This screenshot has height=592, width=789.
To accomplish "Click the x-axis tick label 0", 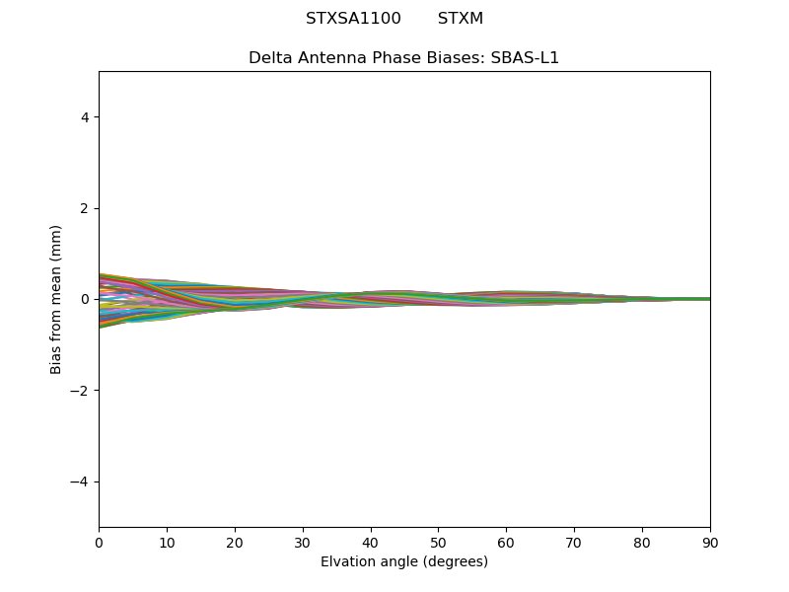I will point(99,542).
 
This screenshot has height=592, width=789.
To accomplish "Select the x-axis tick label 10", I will point(167,542).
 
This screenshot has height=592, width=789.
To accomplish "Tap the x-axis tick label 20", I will point(235,542).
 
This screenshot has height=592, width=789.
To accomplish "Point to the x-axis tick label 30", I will point(303,542).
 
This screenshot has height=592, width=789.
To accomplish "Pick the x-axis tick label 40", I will point(371,542).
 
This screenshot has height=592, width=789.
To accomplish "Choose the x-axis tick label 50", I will point(438,542).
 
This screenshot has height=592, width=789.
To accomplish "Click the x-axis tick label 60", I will point(506,542).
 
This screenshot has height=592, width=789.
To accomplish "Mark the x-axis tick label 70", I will point(574,542).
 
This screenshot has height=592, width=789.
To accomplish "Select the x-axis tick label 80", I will point(642,542).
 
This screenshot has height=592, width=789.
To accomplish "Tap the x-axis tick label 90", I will point(710,542).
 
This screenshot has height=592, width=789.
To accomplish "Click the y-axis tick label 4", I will point(86,117).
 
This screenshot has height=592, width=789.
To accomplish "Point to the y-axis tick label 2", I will point(86,208).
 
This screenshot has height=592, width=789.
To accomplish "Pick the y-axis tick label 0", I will point(86,299).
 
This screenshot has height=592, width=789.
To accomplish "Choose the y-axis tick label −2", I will point(81,391).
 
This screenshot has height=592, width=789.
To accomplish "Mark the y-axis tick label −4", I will point(81,481).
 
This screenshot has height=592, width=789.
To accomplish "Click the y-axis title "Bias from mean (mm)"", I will point(56,299).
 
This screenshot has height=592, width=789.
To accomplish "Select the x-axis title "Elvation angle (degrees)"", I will point(404,561).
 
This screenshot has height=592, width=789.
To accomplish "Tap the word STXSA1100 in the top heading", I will point(353,19).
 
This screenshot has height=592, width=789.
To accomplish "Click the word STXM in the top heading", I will point(461,19).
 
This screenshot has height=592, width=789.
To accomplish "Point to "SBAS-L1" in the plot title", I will point(525,58).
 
